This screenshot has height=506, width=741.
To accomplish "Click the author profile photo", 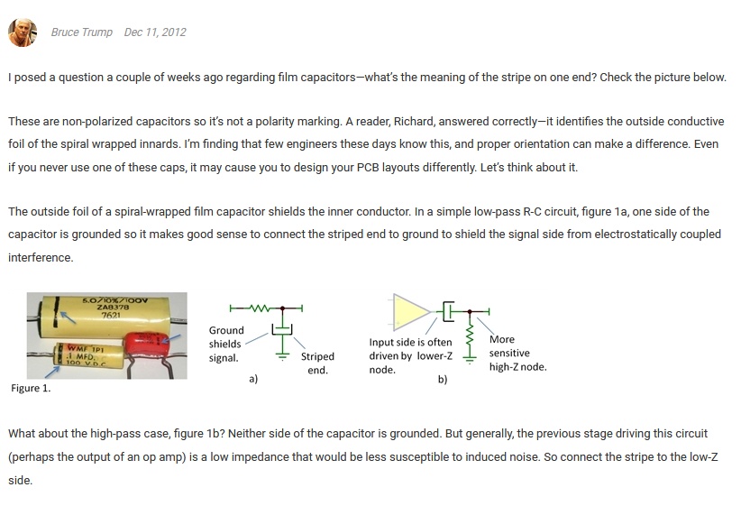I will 22,32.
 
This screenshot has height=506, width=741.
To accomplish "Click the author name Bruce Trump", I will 82,32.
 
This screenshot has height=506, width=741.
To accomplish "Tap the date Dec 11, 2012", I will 155,32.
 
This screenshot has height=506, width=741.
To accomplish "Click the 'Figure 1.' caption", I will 31,389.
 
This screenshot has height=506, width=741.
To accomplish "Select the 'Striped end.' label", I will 317,363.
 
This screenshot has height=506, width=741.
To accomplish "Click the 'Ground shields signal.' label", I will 225,345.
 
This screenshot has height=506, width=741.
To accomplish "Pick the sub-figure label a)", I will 253,380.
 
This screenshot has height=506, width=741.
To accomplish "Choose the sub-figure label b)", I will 442,380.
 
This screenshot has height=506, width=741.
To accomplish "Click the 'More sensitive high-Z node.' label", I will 517,354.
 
